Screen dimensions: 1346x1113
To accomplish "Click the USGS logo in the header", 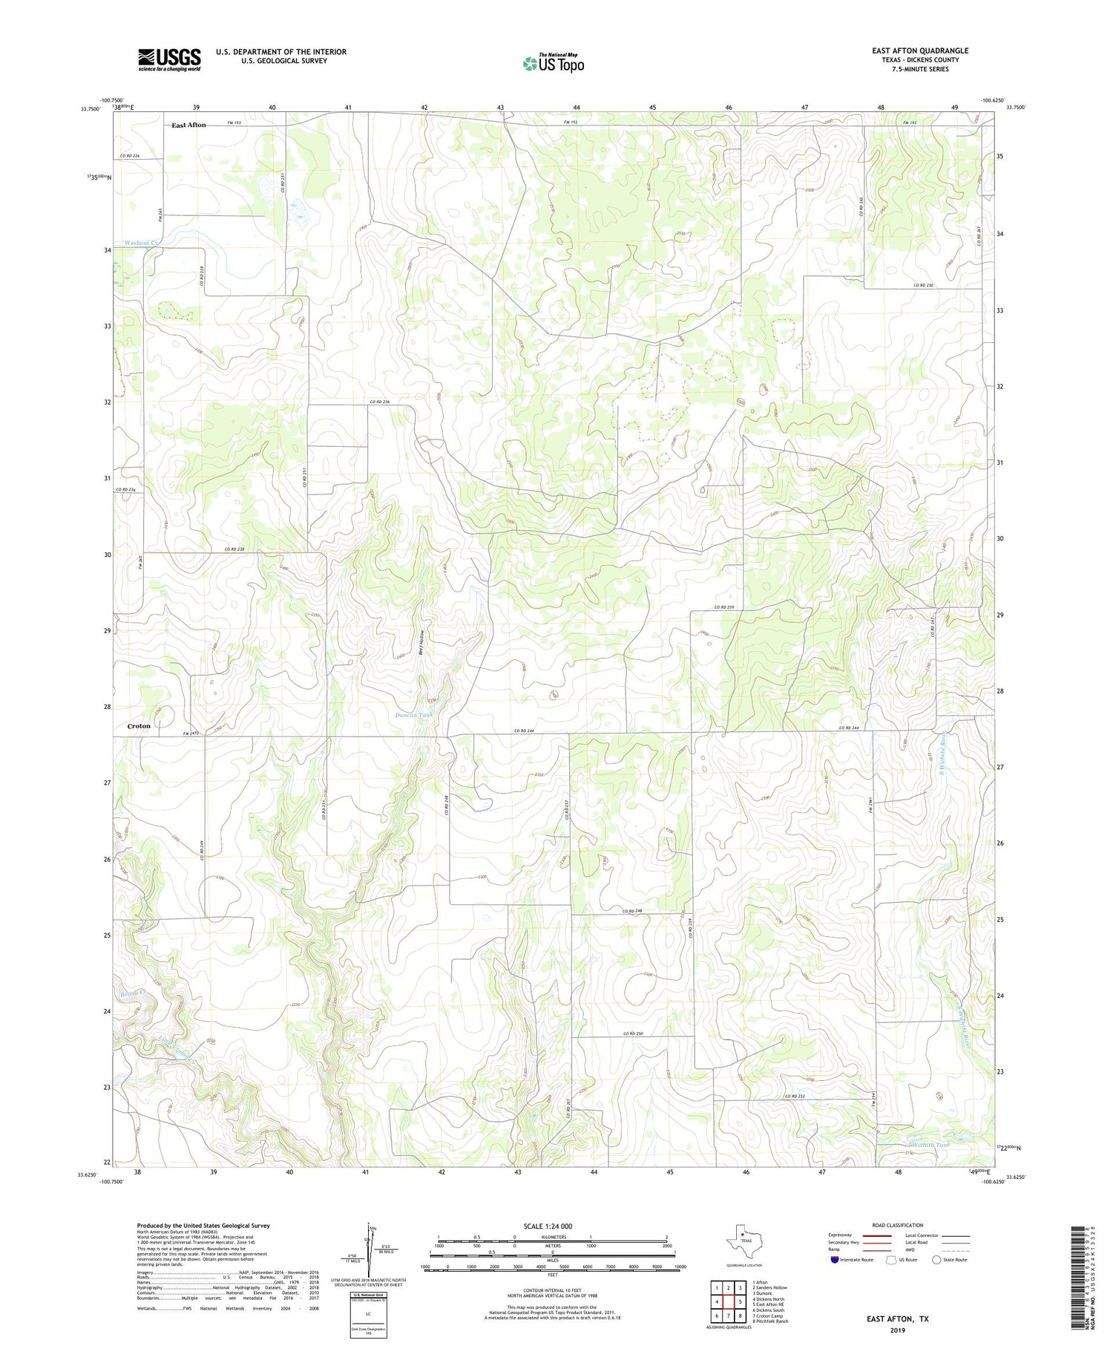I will (x=169, y=59).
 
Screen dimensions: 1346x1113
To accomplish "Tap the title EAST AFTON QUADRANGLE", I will (x=920, y=50).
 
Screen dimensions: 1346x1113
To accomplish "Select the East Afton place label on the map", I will (x=188, y=125).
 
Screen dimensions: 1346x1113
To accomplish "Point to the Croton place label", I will (x=139, y=726).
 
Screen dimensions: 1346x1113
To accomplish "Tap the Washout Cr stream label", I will (x=141, y=243).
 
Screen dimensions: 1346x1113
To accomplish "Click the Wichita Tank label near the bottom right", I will (x=928, y=1145).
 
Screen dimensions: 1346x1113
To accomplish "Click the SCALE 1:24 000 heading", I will (x=548, y=1226).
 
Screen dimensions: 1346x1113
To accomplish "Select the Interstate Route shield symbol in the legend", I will (x=835, y=1259).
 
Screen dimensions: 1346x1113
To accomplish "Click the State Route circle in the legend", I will (x=936, y=1259).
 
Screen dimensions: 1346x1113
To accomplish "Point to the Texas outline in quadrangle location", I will (x=739, y=1238).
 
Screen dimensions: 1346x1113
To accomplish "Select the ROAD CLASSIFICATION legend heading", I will (x=898, y=1225).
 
